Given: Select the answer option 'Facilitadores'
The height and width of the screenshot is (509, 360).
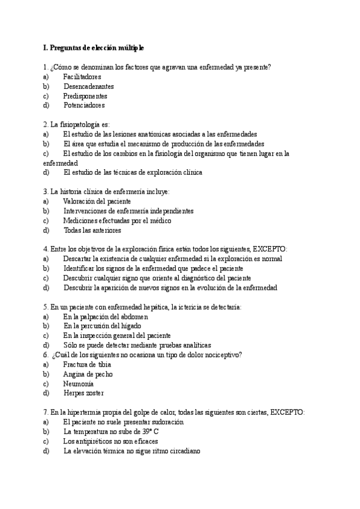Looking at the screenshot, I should tap(82, 77).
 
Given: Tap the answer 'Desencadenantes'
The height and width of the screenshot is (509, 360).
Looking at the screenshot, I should tap(88, 86).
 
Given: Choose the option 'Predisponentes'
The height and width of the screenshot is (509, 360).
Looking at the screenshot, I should tap(85, 96).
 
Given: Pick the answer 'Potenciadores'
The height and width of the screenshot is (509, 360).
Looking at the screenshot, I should tap(84, 105).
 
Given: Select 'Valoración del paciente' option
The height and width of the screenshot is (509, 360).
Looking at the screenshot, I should tap(97, 201).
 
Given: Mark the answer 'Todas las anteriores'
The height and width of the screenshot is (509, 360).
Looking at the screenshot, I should tap(92, 230).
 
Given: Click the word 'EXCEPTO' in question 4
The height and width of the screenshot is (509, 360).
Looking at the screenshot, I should tap(270, 249).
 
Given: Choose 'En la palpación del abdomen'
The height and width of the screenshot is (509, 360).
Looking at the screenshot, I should tap(106, 316).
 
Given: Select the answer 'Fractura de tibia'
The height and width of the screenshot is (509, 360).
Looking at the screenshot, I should tap(87, 364).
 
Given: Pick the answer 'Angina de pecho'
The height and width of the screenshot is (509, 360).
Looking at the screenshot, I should tap(88, 374).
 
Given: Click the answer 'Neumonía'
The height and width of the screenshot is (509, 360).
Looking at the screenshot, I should tap(78, 384).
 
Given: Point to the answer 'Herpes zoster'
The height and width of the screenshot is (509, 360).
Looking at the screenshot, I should tap(83, 393).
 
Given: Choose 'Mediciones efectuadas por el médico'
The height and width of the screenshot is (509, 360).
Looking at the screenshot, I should tap(117, 220).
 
